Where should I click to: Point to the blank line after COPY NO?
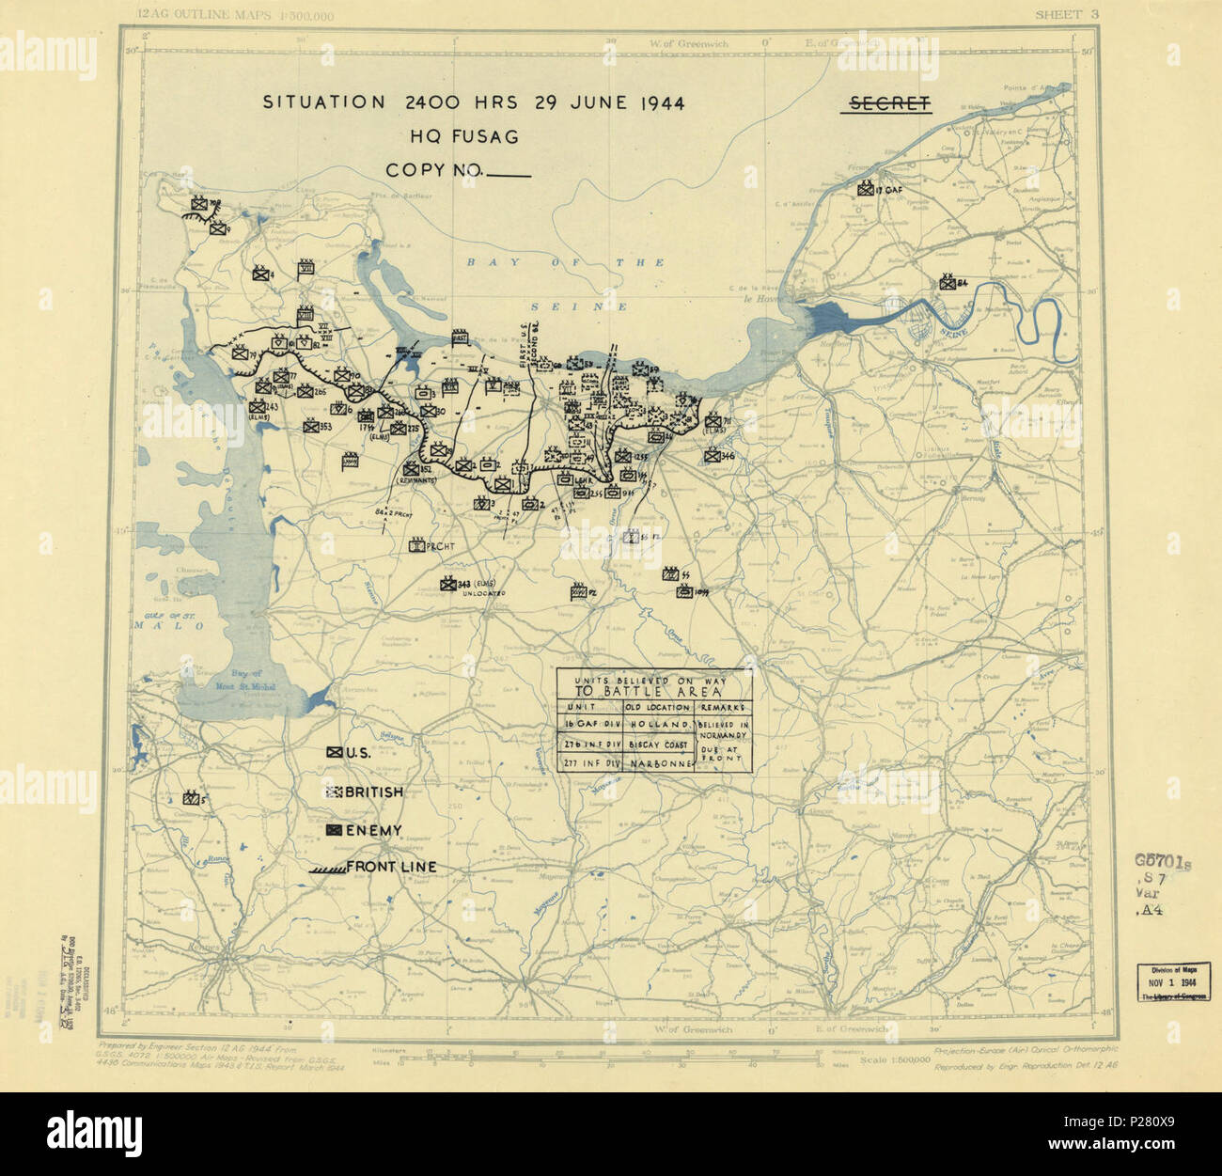coord(509,175)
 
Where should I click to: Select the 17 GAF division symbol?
coord(866,189)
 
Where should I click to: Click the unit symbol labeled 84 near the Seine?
coord(947,284)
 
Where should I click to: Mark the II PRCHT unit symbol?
coord(416,546)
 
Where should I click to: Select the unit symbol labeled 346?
coord(713,457)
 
